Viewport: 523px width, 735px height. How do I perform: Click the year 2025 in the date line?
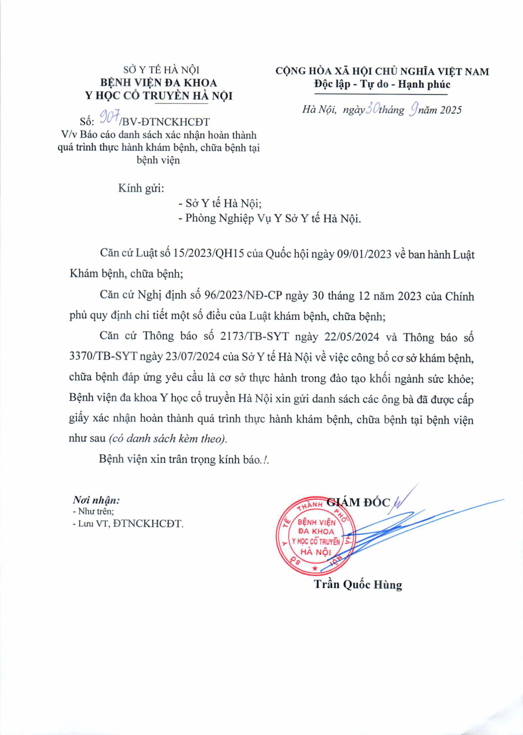click(451, 110)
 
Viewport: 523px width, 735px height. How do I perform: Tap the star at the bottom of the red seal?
click(315, 567)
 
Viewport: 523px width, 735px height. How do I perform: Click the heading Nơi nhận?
click(96, 500)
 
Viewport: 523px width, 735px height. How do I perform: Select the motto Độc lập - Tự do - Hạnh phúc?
click(382, 84)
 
